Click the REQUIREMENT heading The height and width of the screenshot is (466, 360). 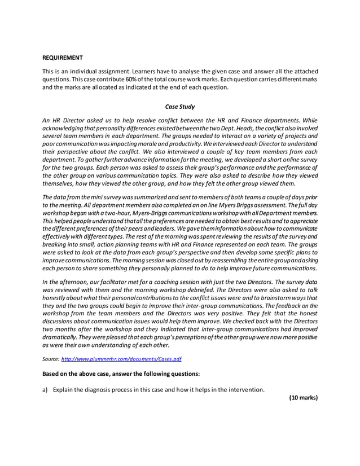[x=63, y=58]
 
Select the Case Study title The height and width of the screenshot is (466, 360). [x=179, y=106]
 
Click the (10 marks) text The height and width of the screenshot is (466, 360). [x=303, y=398]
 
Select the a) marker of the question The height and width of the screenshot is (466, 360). [x=45, y=389]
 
